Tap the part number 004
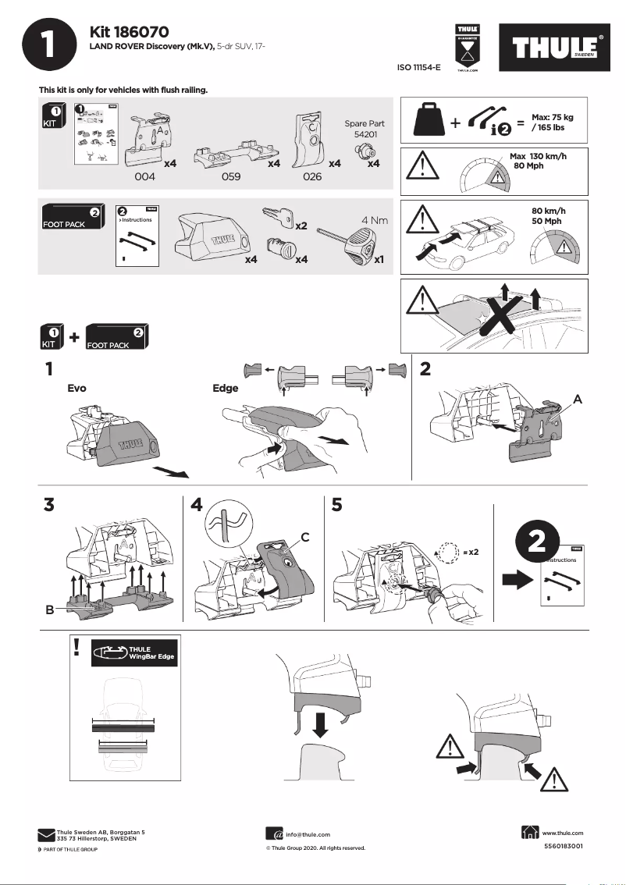click(x=146, y=177)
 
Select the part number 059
click(x=230, y=177)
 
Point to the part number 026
click(x=311, y=177)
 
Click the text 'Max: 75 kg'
click(x=552, y=116)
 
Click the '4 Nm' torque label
click(x=375, y=220)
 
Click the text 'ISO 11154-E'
click(x=419, y=68)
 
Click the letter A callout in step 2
click(x=577, y=398)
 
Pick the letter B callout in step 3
click(x=49, y=610)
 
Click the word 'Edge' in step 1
click(x=226, y=388)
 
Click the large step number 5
click(x=337, y=505)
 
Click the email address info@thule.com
click(x=308, y=834)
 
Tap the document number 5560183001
click(x=563, y=846)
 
